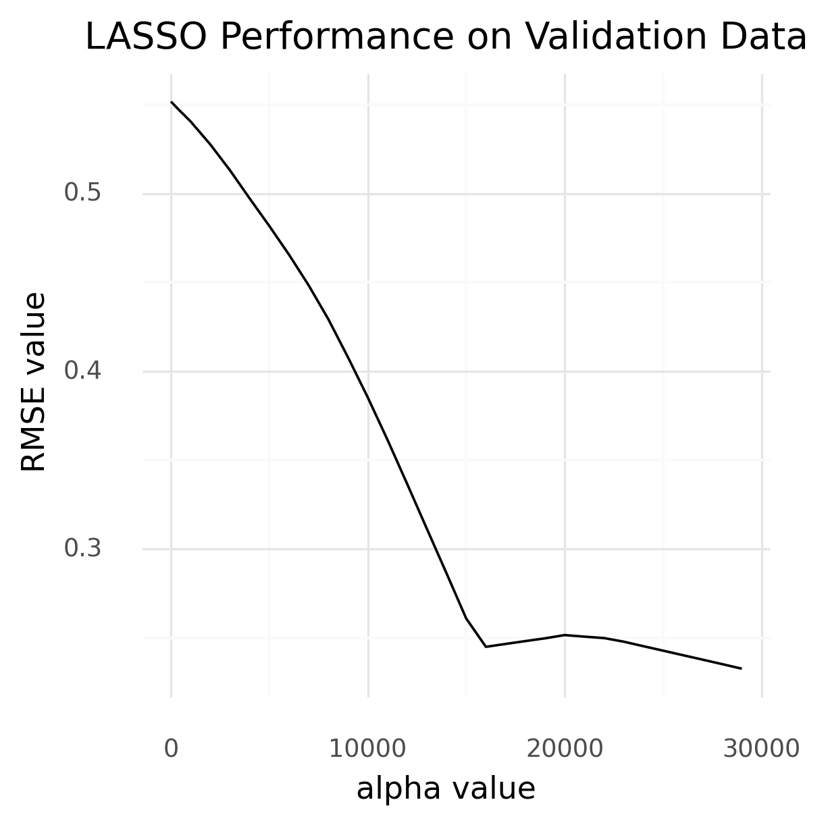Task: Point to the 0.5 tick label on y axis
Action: coord(82,194)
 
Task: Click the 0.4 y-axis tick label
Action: coord(82,371)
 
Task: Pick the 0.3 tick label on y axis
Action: coord(82,549)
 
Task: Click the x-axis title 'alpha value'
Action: coord(446,789)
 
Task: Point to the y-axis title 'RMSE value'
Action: coord(34,382)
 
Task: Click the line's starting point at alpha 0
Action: coord(172,102)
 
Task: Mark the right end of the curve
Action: coord(742,668)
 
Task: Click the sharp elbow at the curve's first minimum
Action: coord(486,647)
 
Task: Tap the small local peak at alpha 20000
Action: coord(565,635)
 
